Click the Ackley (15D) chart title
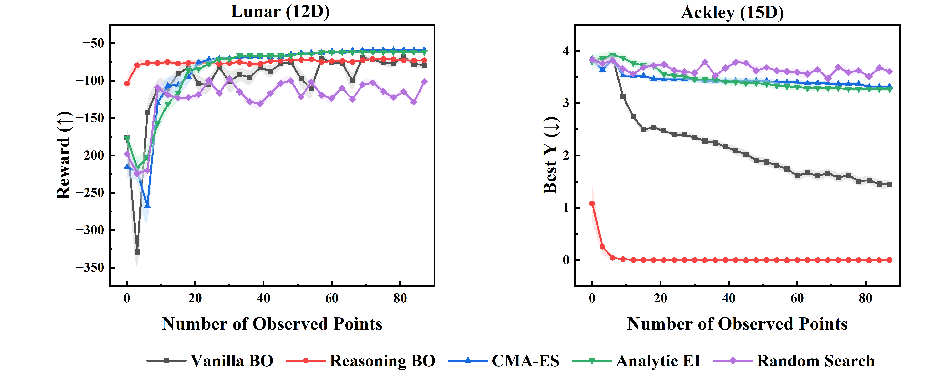point(732,13)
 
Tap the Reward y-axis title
point(64,155)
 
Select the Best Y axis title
point(551,155)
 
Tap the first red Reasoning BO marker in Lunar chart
point(127,84)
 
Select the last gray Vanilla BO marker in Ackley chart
point(889,184)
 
